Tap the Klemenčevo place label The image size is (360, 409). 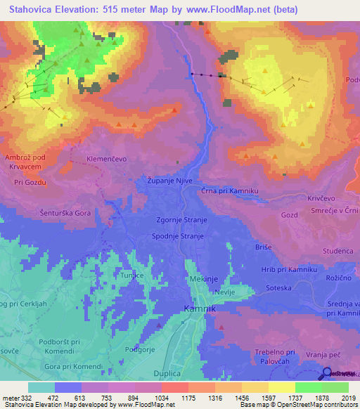tap(106, 160)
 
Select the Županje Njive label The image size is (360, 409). tap(169, 180)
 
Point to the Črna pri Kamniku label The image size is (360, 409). tap(230, 191)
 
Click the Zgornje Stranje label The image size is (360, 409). tap(181, 220)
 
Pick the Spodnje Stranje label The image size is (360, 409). tap(178, 237)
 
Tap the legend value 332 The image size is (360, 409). tap(23, 398)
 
